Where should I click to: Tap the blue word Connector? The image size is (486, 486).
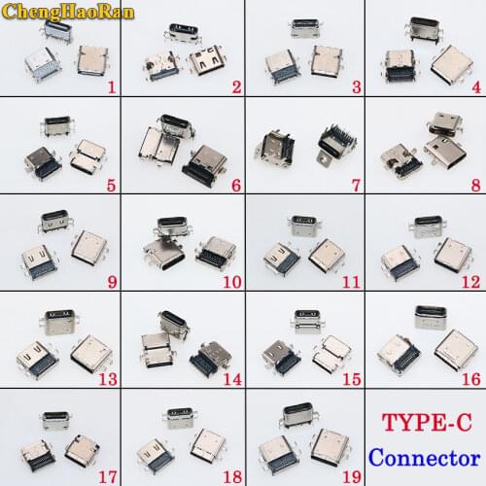point(424,457)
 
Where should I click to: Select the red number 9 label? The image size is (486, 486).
point(112,282)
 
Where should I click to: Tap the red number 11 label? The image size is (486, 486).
point(351,282)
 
